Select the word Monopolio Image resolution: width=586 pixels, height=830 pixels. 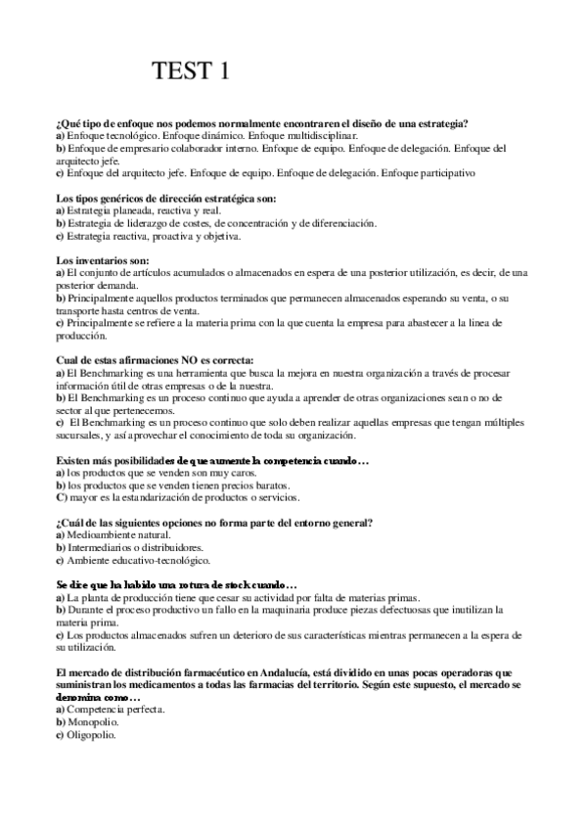point(89,720)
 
